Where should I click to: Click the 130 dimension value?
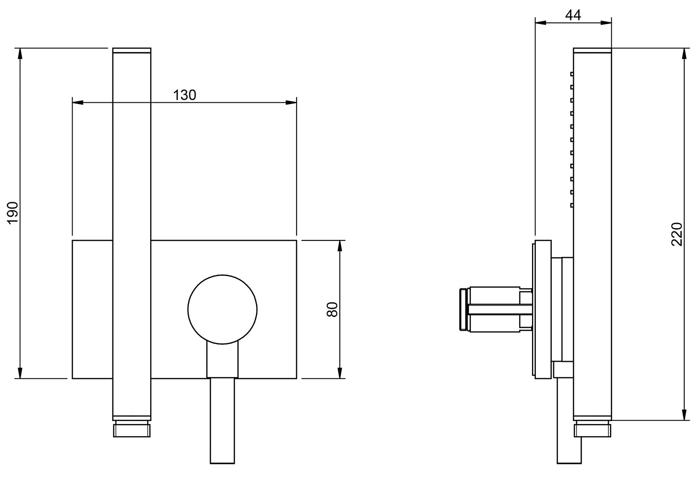click(x=185, y=95)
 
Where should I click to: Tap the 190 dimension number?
click(x=13, y=213)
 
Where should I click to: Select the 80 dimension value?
click(x=332, y=310)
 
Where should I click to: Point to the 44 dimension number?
click(x=573, y=15)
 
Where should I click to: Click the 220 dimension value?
click(x=677, y=234)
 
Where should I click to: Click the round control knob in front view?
click(x=222, y=310)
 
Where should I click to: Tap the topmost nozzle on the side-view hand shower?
click(x=572, y=74)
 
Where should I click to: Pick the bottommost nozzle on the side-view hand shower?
click(x=572, y=205)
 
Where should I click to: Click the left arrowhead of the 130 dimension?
click(x=78, y=103)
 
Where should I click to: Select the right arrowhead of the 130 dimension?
click(x=291, y=103)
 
